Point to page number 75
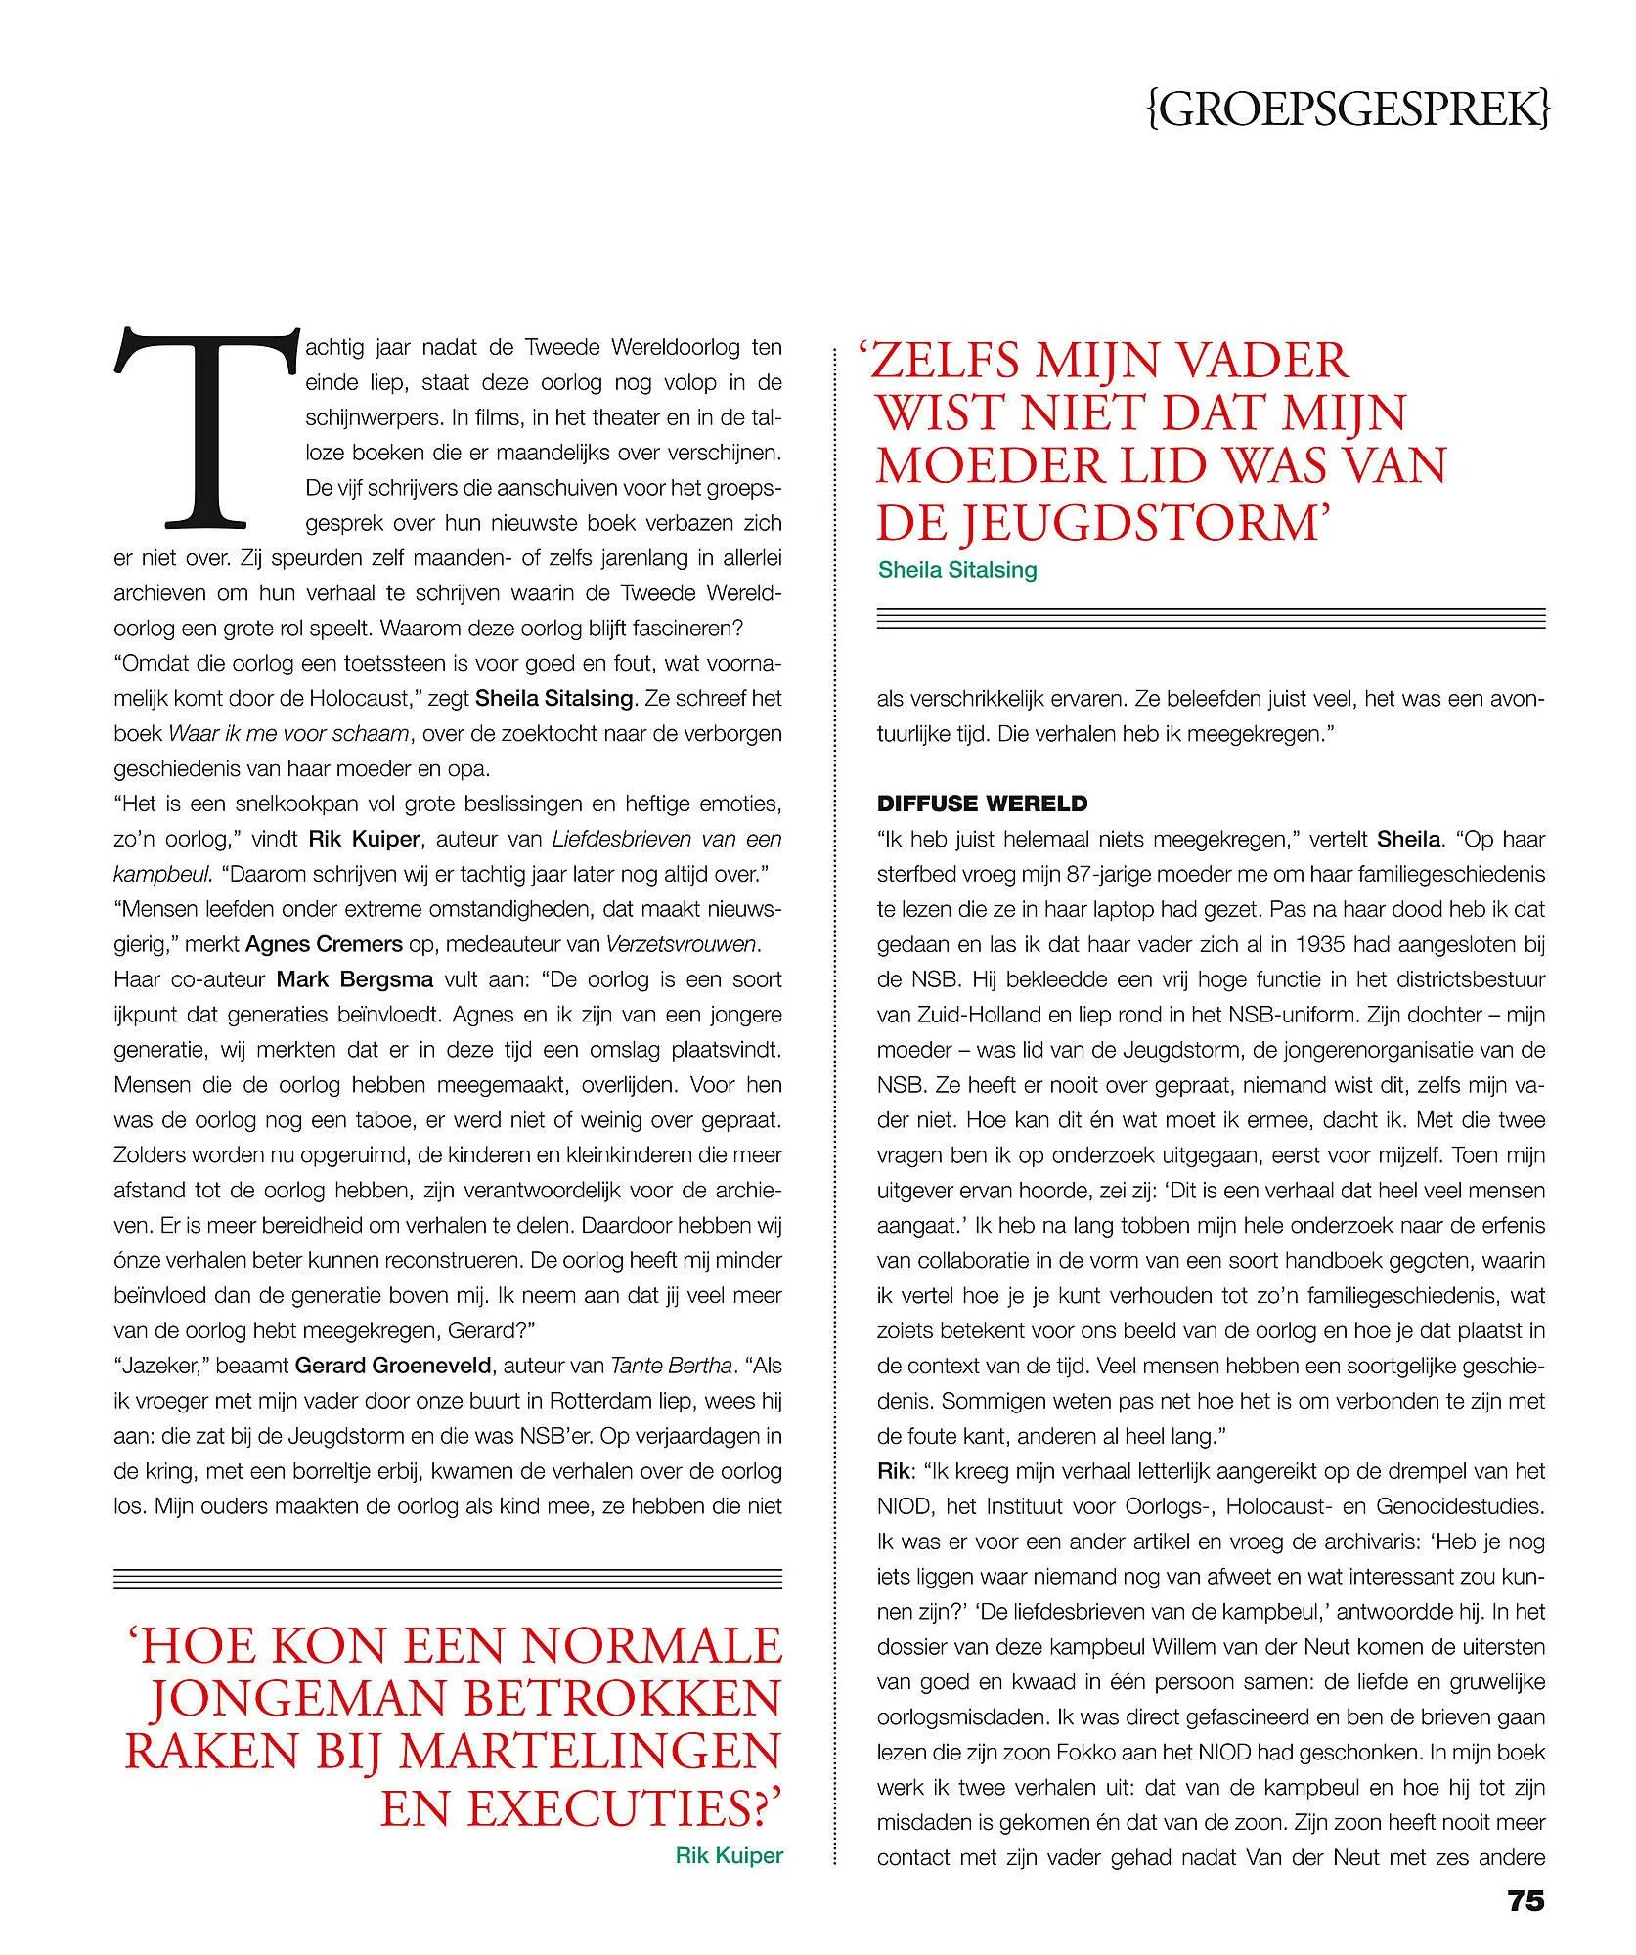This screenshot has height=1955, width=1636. pyautogui.click(x=1525, y=1929)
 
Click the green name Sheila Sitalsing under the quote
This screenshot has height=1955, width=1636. pyautogui.click(x=957, y=570)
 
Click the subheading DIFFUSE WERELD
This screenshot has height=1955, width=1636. pyautogui.click(x=982, y=804)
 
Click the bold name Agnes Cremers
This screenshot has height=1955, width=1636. pyautogui.click(x=324, y=944)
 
